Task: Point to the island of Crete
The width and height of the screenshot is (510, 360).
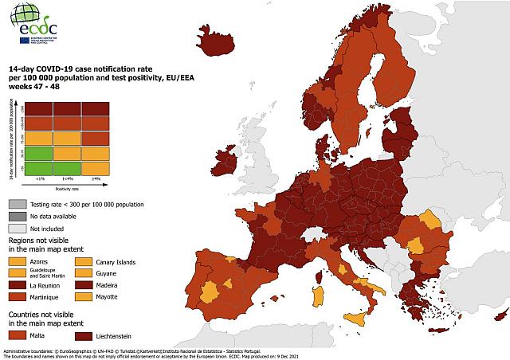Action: tap(440, 331)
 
